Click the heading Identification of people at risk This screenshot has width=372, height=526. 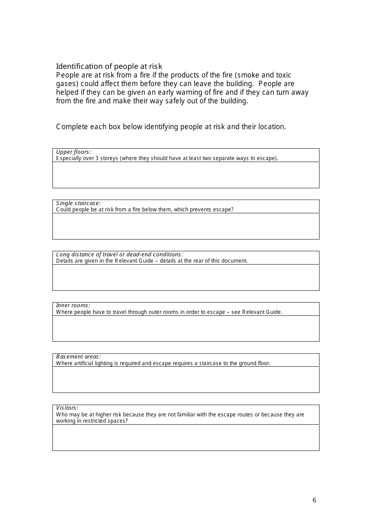pyautogui.click(x=109, y=67)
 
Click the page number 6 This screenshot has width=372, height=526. pyautogui.click(x=314, y=500)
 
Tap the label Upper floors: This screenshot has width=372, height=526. pyautogui.click(x=74, y=152)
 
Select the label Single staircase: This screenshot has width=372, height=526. pyautogui.click(x=78, y=203)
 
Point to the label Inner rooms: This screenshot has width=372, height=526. pyautogui.click(x=73, y=305)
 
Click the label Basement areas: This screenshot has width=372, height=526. pyautogui.click(x=78, y=357)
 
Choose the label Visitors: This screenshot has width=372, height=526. pyautogui.click(x=67, y=408)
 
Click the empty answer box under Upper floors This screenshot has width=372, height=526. pyautogui.click(x=186, y=175)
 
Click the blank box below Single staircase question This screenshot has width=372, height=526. pyautogui.click(x=186, y=226)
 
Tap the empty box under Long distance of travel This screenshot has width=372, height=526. pyautogui.click(x=186, y=277)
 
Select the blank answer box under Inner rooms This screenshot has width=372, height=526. pyautogui.click(x=186, y=329)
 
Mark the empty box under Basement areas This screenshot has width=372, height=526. pyautogui.click(x=186, y=380)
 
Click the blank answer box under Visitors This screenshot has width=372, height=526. pyautogui.click(x=186, y=438)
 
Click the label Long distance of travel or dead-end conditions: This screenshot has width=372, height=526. pyautogui.click(x=119, y=254)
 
